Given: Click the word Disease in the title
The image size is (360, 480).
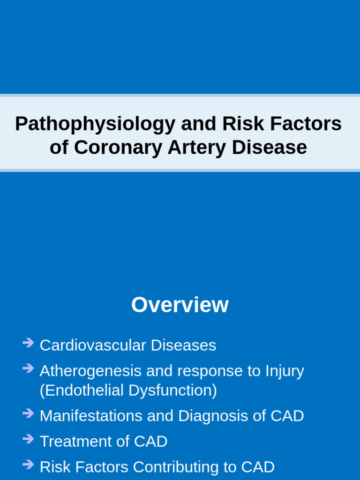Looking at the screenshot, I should click(270, 147).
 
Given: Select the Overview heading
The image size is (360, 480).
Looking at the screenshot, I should click(180, 305).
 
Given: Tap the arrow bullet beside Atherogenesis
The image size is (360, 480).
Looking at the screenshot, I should click(28, 368).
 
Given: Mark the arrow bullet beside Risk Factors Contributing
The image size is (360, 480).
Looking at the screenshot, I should click(28, 465).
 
